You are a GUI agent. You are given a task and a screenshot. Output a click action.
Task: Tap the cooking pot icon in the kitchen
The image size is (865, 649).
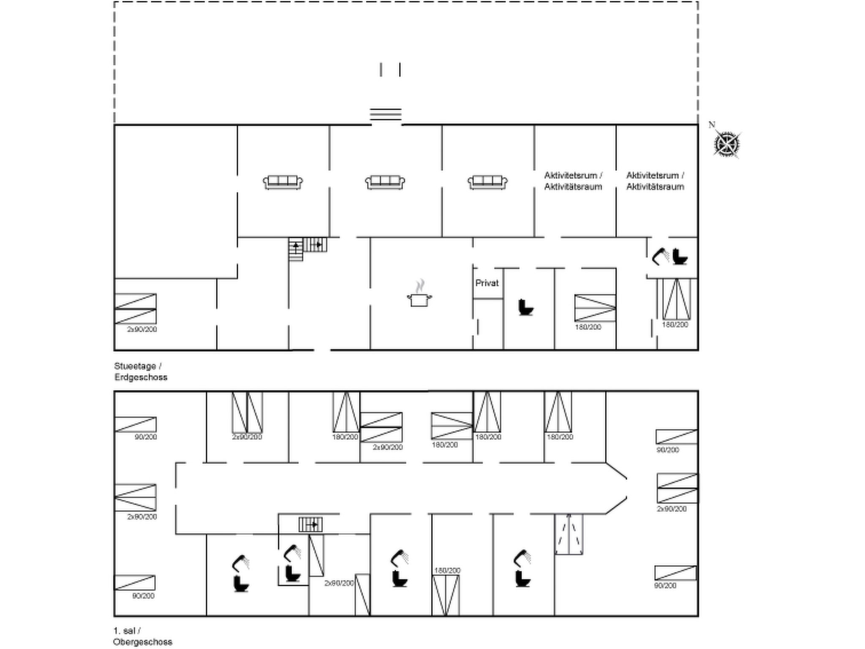click(419, 299)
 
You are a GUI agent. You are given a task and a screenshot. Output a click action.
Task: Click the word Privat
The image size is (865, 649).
click(487, 283)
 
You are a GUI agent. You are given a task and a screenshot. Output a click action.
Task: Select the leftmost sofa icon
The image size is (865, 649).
click(283, 182)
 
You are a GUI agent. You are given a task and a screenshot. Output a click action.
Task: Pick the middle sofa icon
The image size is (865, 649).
click(385, 182)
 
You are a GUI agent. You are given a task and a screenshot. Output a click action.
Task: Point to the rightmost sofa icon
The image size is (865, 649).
click(487, 182)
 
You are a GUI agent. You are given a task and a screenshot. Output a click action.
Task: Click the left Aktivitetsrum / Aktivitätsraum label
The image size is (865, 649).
click(573, 181)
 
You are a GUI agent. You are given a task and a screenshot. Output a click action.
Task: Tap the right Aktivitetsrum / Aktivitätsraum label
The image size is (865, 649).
click(655, 181)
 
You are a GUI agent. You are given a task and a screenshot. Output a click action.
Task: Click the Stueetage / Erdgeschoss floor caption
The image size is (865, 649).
click(141, 371)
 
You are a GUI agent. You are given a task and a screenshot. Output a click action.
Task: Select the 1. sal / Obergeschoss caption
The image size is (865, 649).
click(142, 636)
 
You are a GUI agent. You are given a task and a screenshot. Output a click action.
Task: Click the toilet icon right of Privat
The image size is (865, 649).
click(526, 307)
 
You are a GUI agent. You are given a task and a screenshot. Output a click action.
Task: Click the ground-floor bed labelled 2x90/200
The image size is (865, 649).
click(136, 309)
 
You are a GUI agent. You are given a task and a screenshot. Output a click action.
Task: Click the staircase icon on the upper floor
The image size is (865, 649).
click(310, 524)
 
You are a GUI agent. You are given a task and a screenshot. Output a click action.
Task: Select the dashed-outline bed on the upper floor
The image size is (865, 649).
click(569, 534)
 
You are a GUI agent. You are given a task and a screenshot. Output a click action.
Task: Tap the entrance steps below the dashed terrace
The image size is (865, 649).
click(386, 114)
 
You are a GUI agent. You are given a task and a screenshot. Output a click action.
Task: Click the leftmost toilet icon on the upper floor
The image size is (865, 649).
click(241, 584)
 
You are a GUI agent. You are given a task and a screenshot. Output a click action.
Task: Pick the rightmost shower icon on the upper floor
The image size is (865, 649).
click(522, 558)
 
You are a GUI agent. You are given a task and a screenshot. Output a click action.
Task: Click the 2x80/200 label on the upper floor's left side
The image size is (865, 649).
click(142, 516)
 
